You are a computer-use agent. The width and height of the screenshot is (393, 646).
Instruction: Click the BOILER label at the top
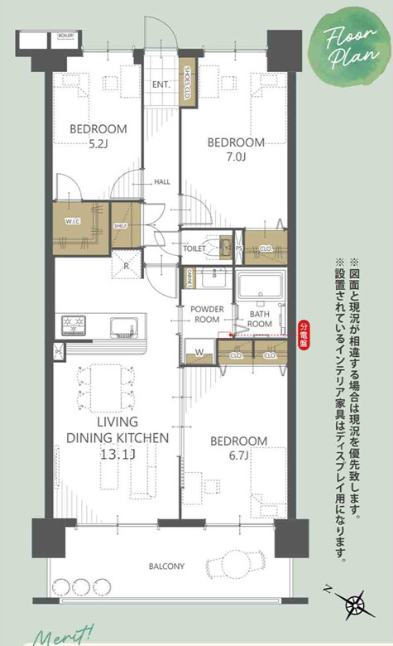click(65, 36)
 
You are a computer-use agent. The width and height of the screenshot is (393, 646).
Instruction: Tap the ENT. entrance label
click(161, 84)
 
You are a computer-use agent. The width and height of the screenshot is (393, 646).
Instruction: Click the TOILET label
click(194, 248)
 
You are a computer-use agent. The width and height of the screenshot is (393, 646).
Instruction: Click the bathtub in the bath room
click(261, 289)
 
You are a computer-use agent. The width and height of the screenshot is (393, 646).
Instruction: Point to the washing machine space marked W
click(199, 354)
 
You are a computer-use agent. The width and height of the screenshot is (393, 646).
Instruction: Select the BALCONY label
click(166, 566)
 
